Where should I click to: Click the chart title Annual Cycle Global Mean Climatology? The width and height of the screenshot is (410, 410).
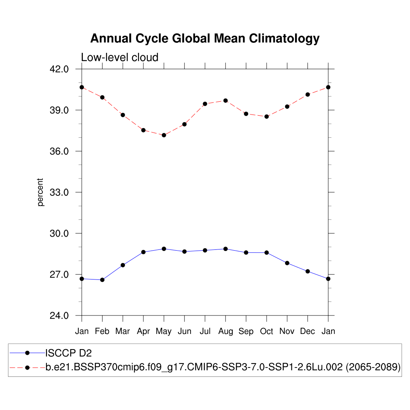click(x=205, y=39)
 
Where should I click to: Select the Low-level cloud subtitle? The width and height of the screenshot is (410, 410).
click(x=120, y=57)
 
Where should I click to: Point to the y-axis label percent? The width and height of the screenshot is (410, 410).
click(x=40, y=192)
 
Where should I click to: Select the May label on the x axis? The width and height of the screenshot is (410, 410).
click(x=164, y=331)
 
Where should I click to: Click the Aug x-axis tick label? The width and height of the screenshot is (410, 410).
click(x=225, y=331)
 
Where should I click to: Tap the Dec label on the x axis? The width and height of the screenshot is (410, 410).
click(x=307, y=331)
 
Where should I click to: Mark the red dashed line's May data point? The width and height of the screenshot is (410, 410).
click(x=164, y=135)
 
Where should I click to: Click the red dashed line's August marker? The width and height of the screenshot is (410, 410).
click(x=225, y=100)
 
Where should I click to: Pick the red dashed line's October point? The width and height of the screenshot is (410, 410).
click(x=267, y=117)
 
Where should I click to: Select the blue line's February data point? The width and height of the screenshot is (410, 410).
click(x=102, y=280)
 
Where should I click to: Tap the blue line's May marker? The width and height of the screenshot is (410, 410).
click(x=164, y=249)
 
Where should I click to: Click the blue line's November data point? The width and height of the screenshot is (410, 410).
click(x=287, y=263)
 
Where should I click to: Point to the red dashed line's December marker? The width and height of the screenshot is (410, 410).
click(x=307, y=94)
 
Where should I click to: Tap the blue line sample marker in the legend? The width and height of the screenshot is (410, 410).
click(x=27, y=353)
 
